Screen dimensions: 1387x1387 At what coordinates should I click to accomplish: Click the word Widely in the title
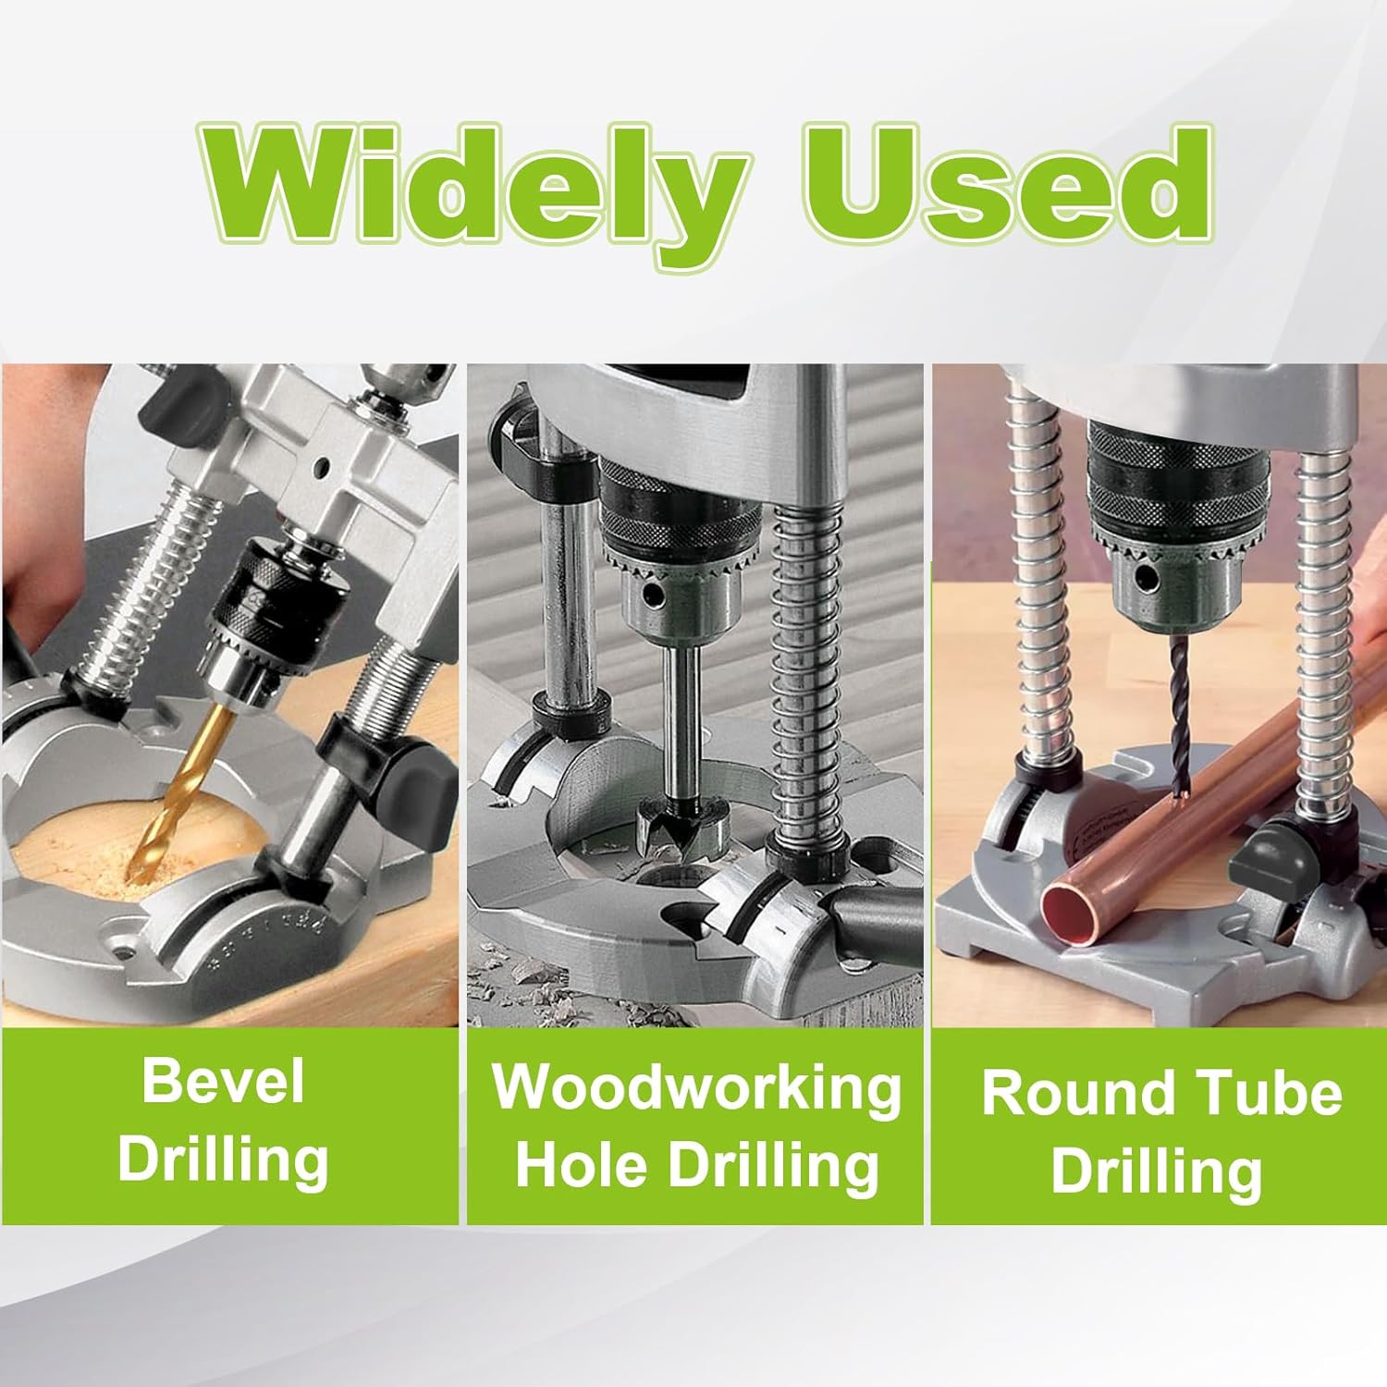pos(472,190)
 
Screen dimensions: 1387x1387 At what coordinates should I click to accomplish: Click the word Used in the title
pos(1008,190)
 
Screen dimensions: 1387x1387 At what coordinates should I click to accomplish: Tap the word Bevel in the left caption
pos(223,1081)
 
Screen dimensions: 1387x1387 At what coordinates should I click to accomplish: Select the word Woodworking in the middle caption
pos(696,1087)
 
